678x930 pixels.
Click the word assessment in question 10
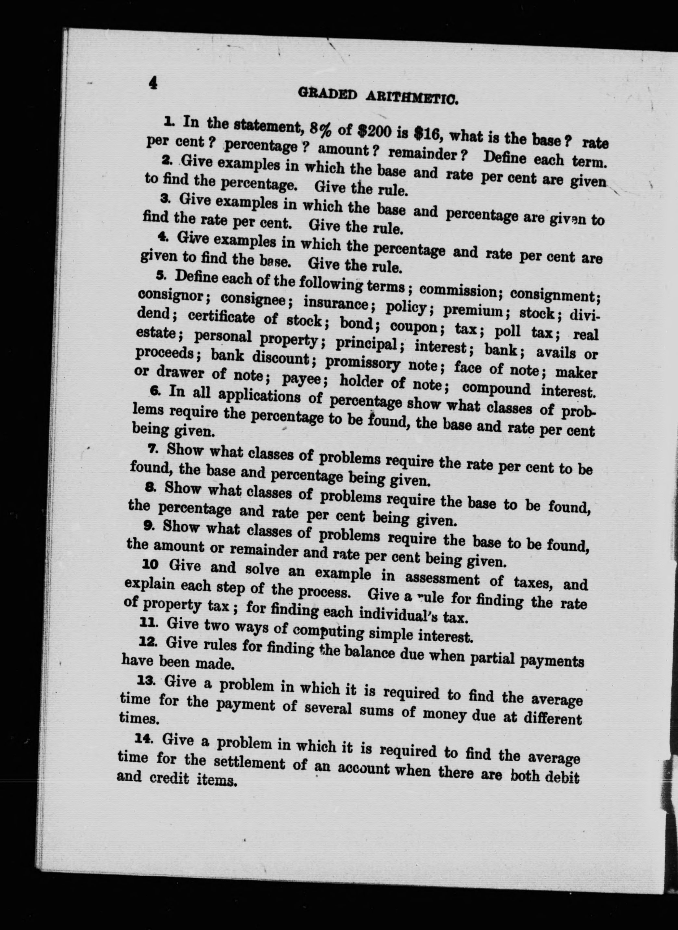pos(442,579)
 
